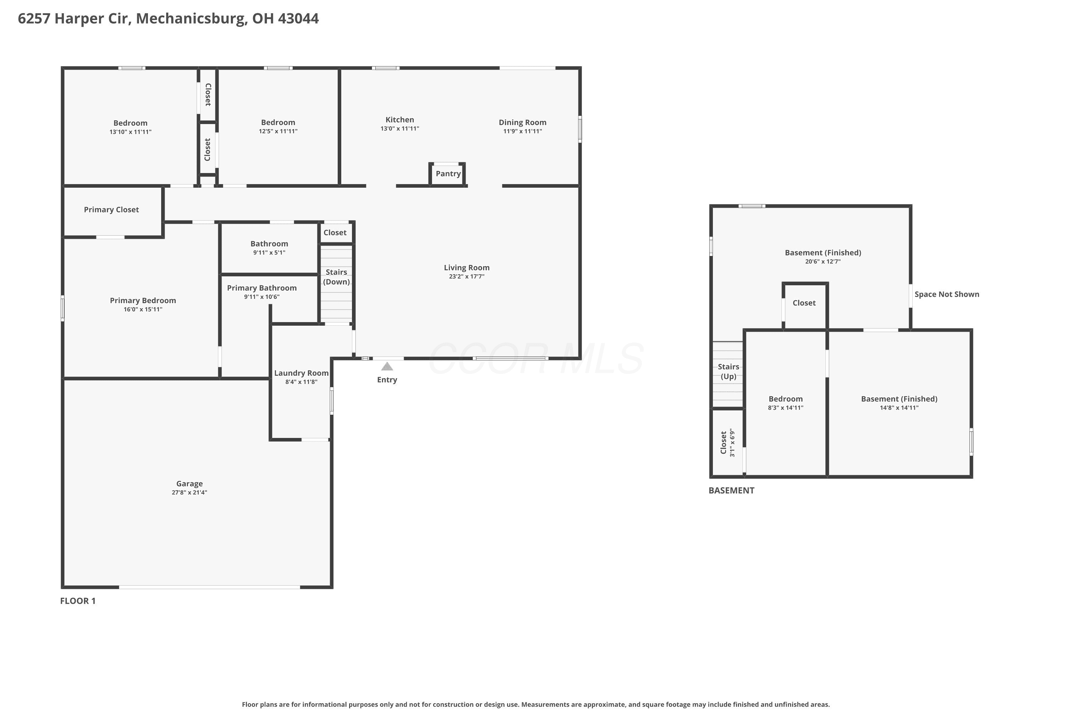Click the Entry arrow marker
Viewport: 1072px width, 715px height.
[x=387, y=366]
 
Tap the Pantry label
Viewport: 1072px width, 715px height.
[x=448, y=174]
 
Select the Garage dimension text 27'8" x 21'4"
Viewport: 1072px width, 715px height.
[x=190, y=493]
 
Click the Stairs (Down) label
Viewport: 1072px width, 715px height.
[x=336, y=277]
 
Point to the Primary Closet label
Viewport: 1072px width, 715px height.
[x=111, y=210]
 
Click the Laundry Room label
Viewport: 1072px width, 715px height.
[x=301, y=373]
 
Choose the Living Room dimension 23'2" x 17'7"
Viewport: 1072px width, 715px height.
[x=467, y=276]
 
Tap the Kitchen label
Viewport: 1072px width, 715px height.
[x=400, y=120]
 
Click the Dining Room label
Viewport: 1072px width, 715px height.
[x=522, y=122]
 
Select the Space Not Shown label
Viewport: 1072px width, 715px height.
[x=947, y=295]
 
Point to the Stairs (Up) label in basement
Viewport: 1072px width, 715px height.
[x=728, y=372]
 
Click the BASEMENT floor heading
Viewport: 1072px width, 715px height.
[x=731, y=490]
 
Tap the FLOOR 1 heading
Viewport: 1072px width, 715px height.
[x=78, y=601]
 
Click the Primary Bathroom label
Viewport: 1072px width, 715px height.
[x=262, y=288]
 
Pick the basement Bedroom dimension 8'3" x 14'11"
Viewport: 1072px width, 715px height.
[x=786, y=408]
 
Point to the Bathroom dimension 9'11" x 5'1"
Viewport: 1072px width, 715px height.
[x=269, y=253]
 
